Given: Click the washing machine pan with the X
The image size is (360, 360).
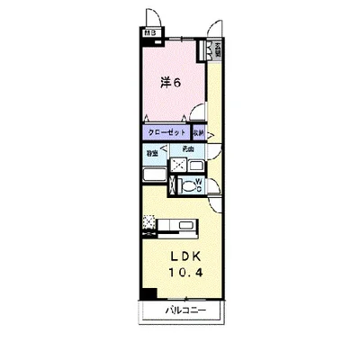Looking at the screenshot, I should [180, 166].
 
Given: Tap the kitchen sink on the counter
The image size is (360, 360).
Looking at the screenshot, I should [184, 225].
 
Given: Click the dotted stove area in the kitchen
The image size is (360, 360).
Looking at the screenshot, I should [149, 225].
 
